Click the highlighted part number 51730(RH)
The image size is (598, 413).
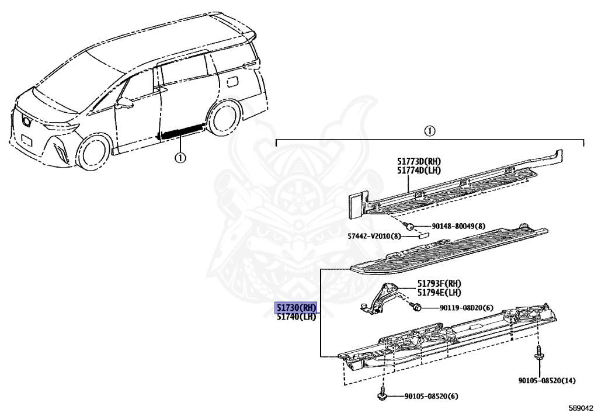(296, 307)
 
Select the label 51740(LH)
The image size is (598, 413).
(296, 317)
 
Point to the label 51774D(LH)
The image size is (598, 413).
(419, 171)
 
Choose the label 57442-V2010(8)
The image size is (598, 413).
(374, 236)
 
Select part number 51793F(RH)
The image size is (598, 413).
(439, 283)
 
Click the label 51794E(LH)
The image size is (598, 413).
(439, 293)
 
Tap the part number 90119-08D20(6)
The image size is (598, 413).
(467, 307)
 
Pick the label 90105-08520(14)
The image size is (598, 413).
(547, 380)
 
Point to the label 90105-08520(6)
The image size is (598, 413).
(432, 396)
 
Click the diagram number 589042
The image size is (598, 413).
(581, 408)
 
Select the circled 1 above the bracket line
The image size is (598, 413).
(429, 131)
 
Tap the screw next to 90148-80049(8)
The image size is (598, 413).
(409, 225)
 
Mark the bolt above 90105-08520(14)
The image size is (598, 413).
(539, 353)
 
